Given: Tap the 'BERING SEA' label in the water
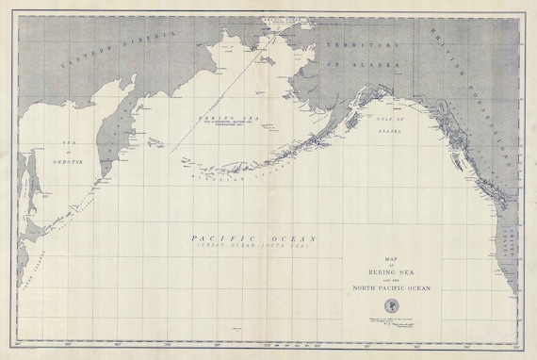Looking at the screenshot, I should (225, 117).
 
